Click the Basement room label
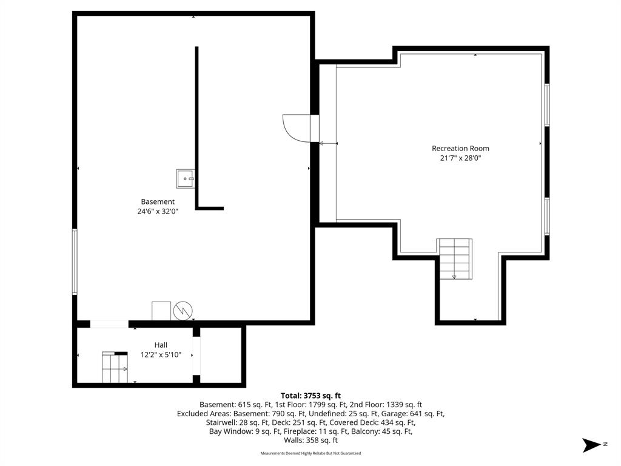pyautogui.click(x=158, y=201)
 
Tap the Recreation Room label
pyautogui.click(x=460, y=149)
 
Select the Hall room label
pyautogui.click(x=161, y=345)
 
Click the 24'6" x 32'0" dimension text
pyautogui.click(x=158, y=212)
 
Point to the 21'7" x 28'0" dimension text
pyautogui.click(x=460, y=158)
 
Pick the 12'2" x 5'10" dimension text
pyautogui.click(x=161, y=354)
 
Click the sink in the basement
pyautogui.click(x=186, y=179)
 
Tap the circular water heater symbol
pyautogui.click(x=183, y=311)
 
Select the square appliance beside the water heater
pyautogui.click(x=161, y=311)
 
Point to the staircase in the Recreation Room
pyautogui.click(x=454, y=258)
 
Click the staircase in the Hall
pyautogui.click(x=115, y=367)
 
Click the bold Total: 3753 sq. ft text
pyautogui.click(x=310, y=396)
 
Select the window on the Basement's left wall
pyautogui.click(x=75, y=262)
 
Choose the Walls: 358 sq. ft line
pyautogui.click(x=310, y=441)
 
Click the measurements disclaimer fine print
pyautogui.click(x=310, y=453)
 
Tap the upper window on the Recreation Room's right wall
pyautogui.click(x=547, y=105)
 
